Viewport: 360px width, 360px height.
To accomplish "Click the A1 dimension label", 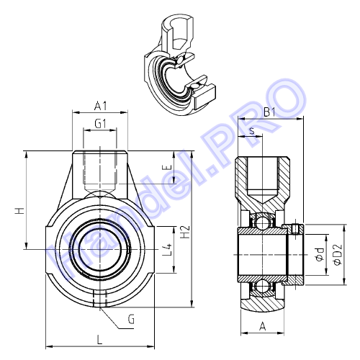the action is click(100, 106).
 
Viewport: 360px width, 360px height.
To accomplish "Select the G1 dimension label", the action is click(100, 124).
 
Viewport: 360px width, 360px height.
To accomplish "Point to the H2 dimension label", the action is click(185, 232).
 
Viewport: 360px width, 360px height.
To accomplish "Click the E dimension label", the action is click(168, 167).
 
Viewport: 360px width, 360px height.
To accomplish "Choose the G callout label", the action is click(131, 320).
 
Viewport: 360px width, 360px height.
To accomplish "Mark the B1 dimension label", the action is click(269, 112).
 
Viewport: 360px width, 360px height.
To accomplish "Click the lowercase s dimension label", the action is click(252, 131).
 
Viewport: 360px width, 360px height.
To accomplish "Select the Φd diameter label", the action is click(320, 254).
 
